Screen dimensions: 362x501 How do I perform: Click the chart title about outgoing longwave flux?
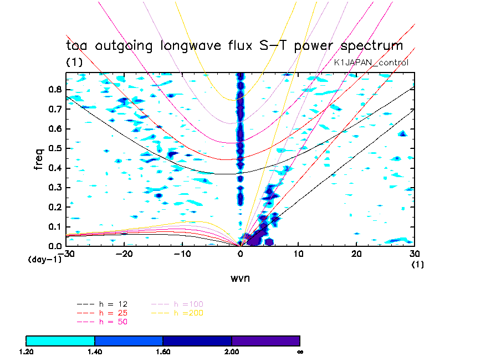coord(234,45)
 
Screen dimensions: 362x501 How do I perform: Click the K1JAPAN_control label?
coord(371,63)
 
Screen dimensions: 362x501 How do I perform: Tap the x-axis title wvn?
coord(241,278)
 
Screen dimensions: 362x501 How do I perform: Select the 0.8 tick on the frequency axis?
coord(54,89)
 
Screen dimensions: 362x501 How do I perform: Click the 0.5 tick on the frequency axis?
coord(54,148)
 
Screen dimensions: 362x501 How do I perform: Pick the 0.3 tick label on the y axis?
coord(54,188)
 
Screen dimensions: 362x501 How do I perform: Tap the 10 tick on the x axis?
coord(299,254)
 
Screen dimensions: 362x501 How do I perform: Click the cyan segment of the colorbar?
coord(60,340)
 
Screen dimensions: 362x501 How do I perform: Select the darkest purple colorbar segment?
coord(265,340)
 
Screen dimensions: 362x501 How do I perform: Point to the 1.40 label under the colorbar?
coord(95,351)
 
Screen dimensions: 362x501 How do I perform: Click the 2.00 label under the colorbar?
coord(232,351)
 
